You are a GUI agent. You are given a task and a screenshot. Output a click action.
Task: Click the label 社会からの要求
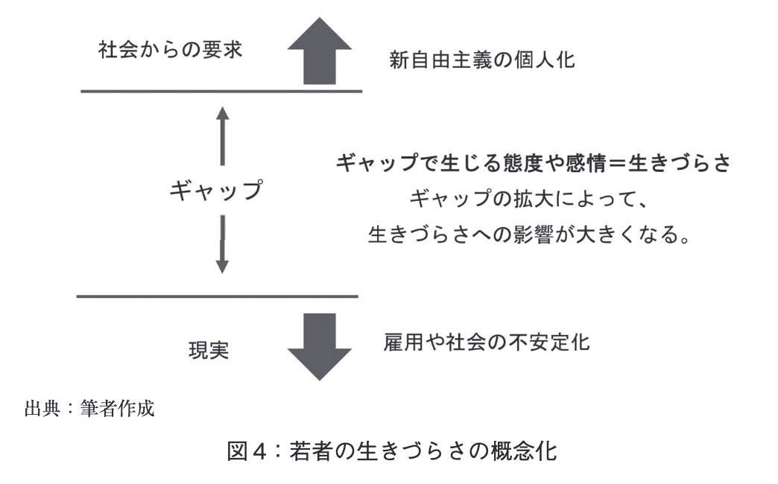[170, 50]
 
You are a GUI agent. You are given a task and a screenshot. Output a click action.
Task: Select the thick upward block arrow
[320, 51]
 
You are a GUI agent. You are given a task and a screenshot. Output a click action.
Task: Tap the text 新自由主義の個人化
[482, 60]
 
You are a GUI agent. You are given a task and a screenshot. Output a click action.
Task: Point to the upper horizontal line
[221, 92]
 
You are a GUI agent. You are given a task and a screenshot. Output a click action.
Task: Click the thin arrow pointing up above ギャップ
[222, 136]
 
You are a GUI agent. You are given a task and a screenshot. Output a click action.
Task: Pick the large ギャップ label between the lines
[216, 190]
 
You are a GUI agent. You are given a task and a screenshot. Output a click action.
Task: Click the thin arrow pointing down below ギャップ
[222, 244]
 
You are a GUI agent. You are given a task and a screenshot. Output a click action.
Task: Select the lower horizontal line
[218, 296]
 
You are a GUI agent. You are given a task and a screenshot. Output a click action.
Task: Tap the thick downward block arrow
[320, 347]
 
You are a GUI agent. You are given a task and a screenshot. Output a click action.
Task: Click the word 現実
[209, 350]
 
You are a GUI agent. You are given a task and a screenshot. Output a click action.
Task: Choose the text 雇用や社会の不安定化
[486, 343]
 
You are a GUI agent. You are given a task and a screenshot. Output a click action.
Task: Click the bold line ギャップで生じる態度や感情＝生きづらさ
[533, 162]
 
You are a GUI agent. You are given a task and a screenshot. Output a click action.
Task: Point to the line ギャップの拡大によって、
[528, 199]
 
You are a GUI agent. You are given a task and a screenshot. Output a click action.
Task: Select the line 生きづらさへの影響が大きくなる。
[529, 234]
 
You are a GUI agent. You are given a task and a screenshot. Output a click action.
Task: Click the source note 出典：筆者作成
[90, 409]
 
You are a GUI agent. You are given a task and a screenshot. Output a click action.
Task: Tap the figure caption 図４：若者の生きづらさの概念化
[391, 450]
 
